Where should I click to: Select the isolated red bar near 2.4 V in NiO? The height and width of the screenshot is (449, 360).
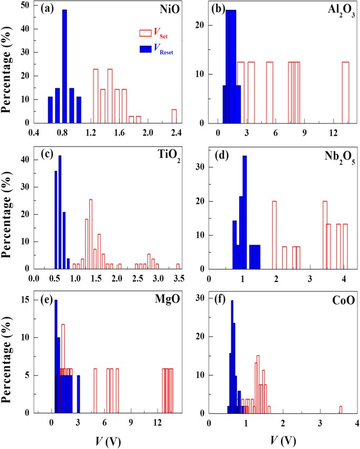tap(174, 116)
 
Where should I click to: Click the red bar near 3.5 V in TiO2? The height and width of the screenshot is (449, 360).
tap(178, 266)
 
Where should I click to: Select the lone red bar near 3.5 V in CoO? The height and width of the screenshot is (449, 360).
tap(340, 410)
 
